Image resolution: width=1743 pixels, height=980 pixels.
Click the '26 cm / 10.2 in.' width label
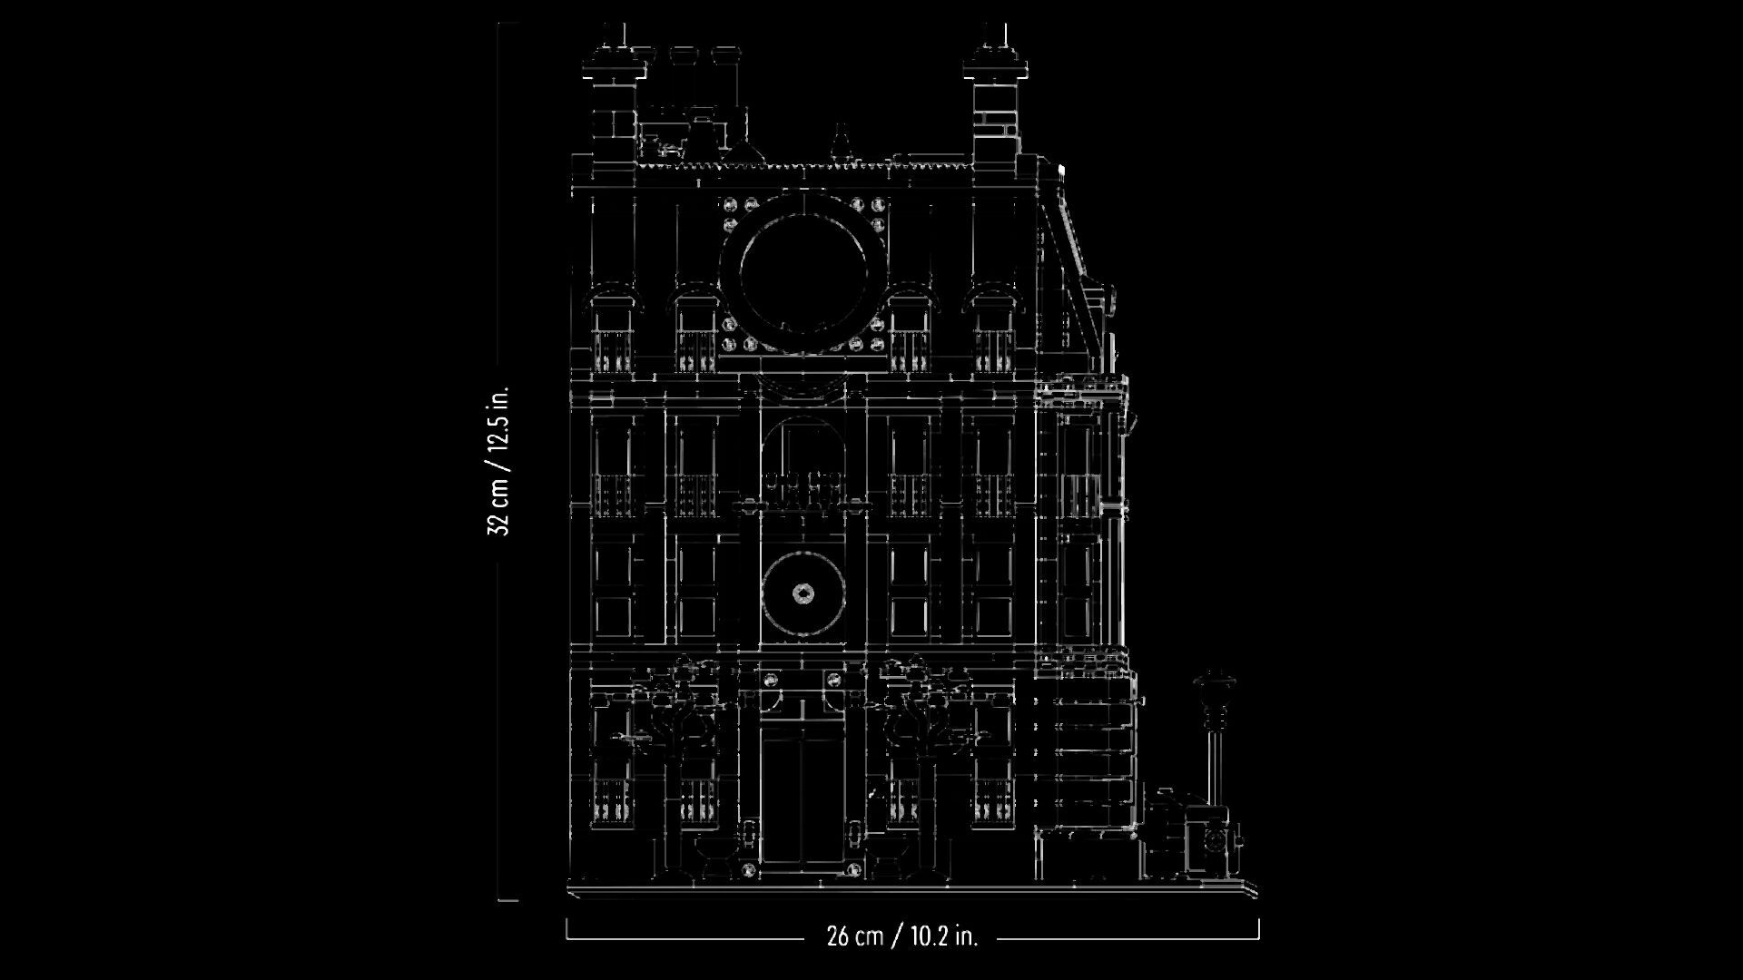tap(901, 936)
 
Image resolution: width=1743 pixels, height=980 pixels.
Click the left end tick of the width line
tap(567, 928)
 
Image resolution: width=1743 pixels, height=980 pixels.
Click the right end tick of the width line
tap(1259, 928)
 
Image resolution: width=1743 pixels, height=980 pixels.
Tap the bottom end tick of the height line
tap(508, 900)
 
